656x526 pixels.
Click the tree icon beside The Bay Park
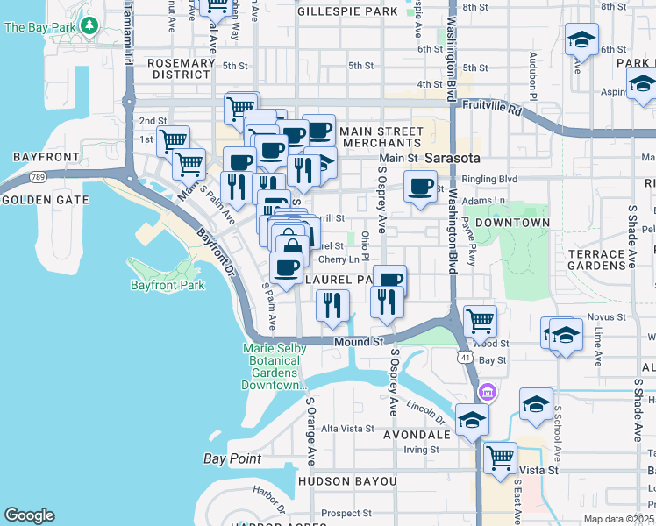tap(88, 26)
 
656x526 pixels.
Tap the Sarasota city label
tap(453, 159)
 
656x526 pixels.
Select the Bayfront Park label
tap(167, 285)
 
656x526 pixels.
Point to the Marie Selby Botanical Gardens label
tap(274, 366)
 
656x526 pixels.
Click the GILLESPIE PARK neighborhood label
tap(347, 12)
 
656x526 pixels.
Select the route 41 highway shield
tap(464, 358)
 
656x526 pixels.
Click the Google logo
tap(29, 515)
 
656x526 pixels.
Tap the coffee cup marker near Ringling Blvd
tap(421, 187)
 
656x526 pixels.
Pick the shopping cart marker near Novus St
tap(480, 322)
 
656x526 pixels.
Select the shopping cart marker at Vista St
tap(500, 458)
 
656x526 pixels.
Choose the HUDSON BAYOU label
tap(347, 481)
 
